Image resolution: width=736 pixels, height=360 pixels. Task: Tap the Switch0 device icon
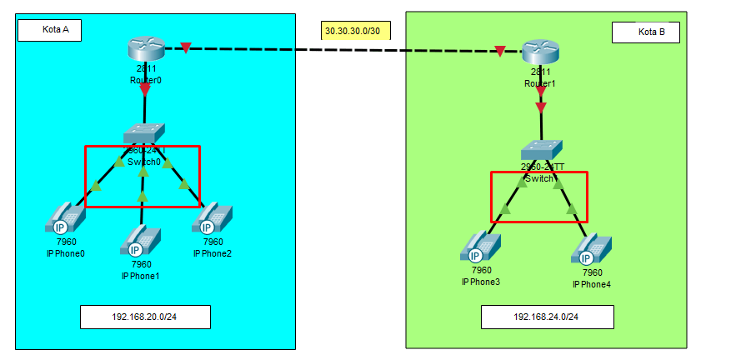point(144,132)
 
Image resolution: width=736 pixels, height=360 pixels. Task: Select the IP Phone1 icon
point(141,242)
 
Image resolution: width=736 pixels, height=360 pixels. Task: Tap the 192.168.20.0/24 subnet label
point(145,317)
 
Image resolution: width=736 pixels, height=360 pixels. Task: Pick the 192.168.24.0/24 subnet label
point(547,317)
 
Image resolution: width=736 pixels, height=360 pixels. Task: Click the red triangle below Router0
point(145,87)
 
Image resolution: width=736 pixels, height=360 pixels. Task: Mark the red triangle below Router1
point(541,107)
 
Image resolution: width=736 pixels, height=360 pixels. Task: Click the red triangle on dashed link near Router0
point(186,47)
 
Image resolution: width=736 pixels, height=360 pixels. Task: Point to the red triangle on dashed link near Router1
point(499,52)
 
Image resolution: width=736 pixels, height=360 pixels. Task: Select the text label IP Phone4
point(592,284)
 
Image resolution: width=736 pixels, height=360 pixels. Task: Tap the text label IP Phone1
point(140,276)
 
